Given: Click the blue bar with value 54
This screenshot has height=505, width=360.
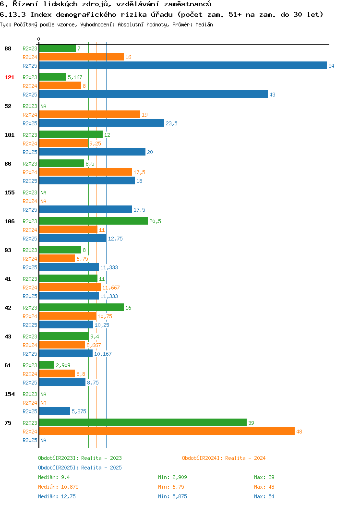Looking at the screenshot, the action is click(183, 66).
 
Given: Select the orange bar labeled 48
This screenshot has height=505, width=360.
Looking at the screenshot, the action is click(167, 432).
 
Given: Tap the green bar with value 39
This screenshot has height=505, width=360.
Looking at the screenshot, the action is click(143, 423).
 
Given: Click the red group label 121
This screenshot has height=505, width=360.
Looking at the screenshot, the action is click(9, 77).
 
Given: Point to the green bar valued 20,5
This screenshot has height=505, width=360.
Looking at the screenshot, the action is click(94, 221).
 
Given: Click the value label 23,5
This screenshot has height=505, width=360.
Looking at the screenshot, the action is click(172, 123).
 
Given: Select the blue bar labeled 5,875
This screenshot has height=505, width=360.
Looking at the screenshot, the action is click(54, 411).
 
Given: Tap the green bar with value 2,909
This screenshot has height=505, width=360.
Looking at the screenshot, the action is click(47, 365).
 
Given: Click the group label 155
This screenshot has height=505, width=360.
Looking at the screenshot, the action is click(9, 192).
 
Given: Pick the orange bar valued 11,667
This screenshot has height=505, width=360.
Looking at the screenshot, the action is click(70, 288).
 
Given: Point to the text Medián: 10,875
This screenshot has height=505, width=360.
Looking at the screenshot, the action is click(58, 487).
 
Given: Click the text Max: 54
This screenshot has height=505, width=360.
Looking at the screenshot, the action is click(264, 497).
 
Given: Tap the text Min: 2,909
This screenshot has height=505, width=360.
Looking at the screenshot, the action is click(172, 477).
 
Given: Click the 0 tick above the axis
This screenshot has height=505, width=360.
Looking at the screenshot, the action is click(39, 39).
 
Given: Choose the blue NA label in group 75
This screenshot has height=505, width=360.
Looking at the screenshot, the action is click(44, 440).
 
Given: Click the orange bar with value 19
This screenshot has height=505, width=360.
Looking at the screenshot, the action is click(89, 115).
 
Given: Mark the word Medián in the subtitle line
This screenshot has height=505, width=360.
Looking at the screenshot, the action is click(204, 24).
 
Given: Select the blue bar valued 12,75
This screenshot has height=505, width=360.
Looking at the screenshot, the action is click(73, 239).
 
